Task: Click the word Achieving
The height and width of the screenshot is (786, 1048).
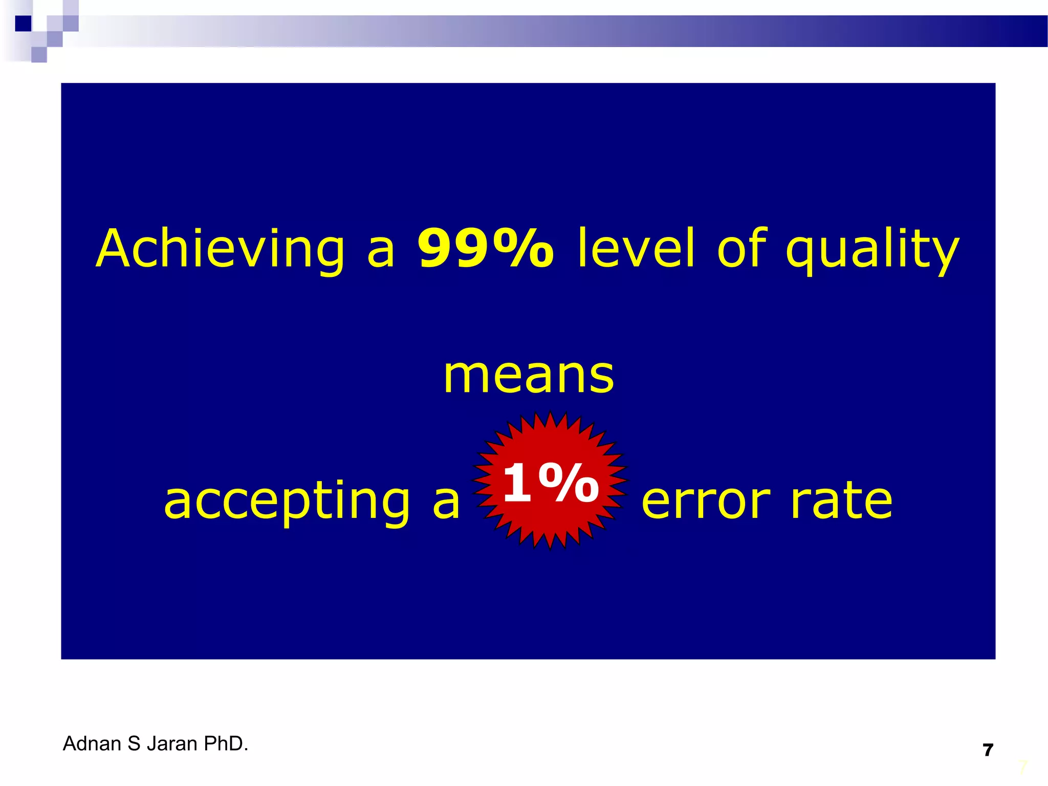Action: point(220,250)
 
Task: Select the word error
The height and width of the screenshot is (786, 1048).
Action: point(706,501)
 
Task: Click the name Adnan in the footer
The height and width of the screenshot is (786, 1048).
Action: point(92,744)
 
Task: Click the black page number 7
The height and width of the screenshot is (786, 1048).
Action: point(988,750)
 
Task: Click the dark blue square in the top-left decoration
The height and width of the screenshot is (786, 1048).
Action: point(23,24)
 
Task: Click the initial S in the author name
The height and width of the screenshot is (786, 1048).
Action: point(134,744)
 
